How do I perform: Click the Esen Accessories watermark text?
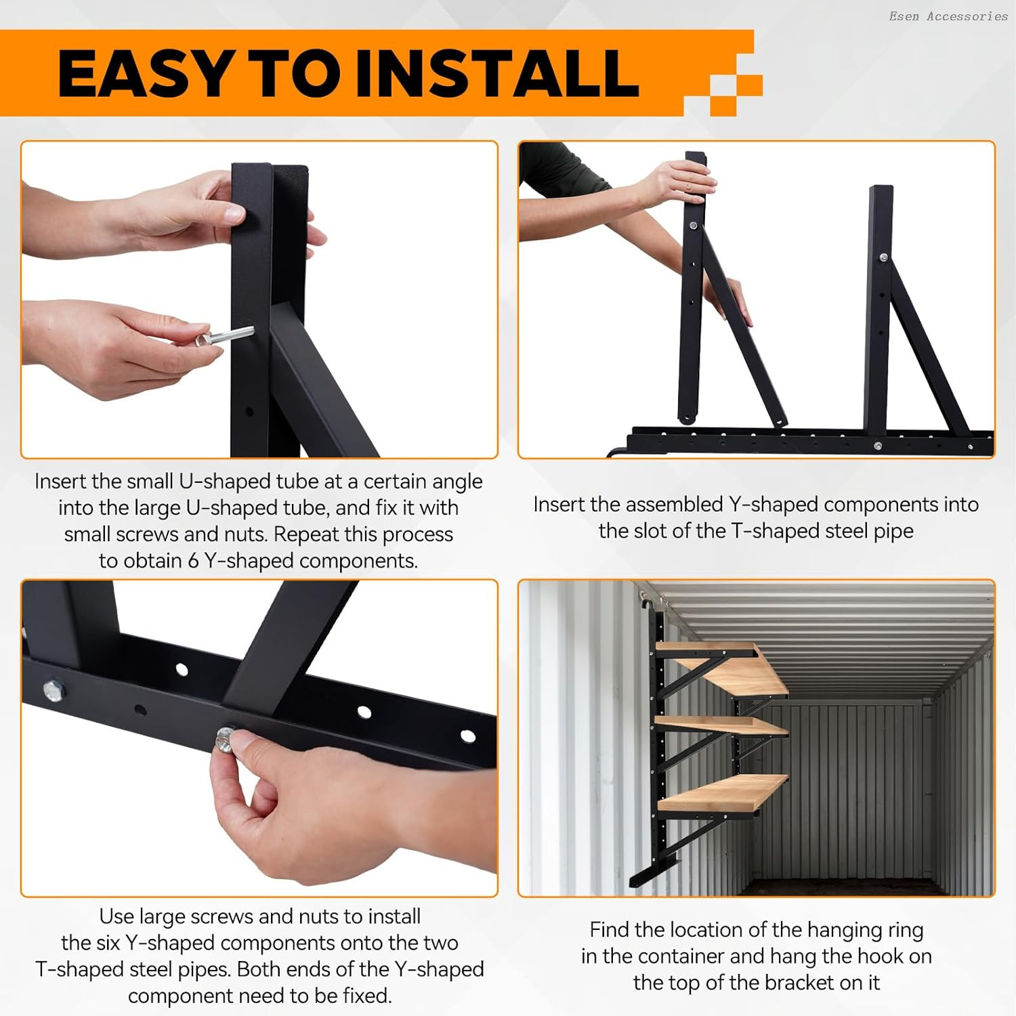[x=948, y=16]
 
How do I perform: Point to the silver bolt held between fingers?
[x=224, y=336]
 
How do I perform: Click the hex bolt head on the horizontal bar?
[x=52, y=690]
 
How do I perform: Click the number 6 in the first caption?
[x=193, y=561]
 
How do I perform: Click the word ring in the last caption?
[x=905, y=931]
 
